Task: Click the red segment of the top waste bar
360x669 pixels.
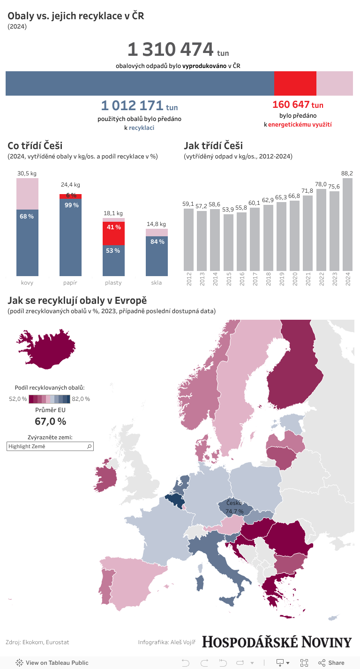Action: click(295, 83)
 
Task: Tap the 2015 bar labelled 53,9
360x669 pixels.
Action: click(228, 244)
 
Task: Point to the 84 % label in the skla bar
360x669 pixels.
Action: click(157, 242)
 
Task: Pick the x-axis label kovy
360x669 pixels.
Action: click(27, 283)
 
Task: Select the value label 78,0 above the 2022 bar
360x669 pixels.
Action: click(321, 185)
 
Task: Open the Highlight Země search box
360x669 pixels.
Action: click(47, 447)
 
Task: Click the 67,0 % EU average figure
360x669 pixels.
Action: click(50, 421)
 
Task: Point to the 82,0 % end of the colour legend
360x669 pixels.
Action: click(81, 399)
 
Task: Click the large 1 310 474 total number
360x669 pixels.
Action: click(170, 50)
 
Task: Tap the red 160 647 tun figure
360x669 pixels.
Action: click(298, 105)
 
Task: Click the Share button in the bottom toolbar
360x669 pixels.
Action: click(331, 662)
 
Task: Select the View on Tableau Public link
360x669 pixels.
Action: click(52, 662)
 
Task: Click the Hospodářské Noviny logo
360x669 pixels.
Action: click(277, 642)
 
